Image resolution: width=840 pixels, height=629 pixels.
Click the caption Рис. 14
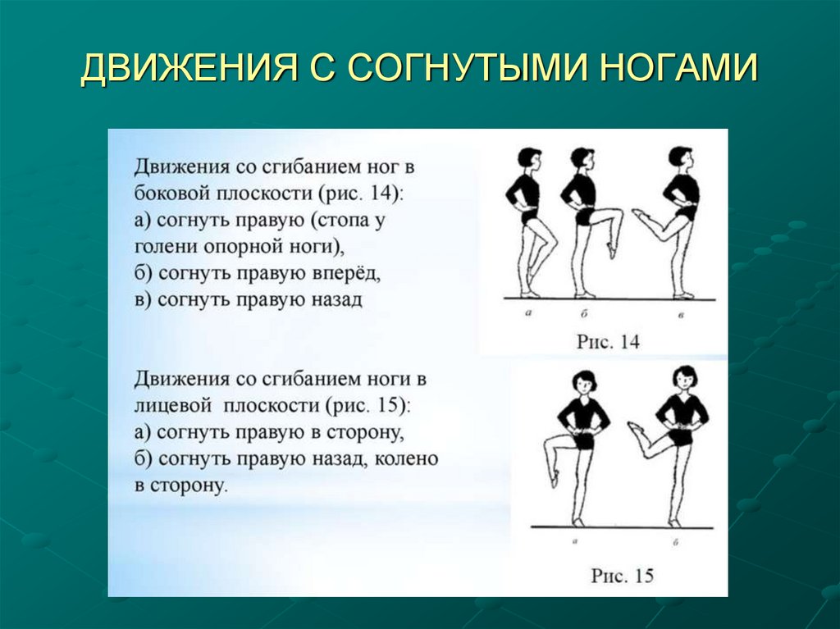coord(607,341)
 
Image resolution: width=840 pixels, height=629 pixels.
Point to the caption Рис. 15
coord(622,576)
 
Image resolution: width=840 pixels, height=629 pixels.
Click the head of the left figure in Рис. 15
coord(584,382)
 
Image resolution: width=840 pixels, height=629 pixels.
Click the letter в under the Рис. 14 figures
coord(681,314)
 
